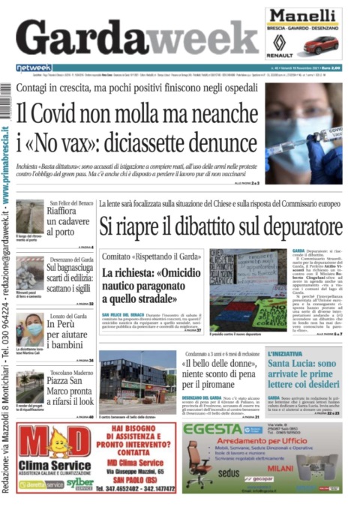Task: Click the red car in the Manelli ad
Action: pos(324,44)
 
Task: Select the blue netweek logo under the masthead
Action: pos(34,67)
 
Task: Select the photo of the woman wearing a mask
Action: pos(30,329)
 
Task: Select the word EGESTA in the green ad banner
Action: pos(212,430)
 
